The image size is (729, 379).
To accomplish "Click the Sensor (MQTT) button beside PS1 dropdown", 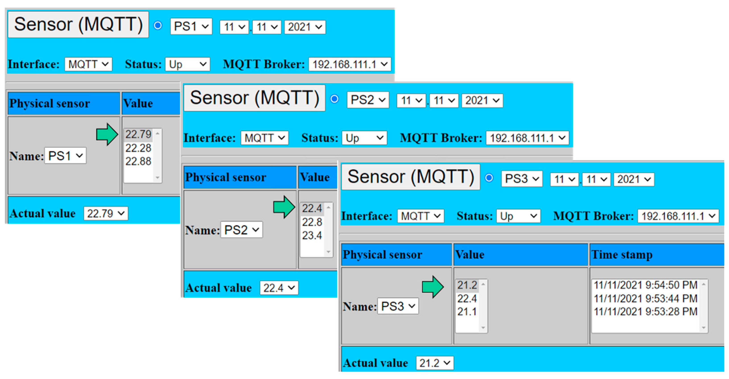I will tap(78, 25).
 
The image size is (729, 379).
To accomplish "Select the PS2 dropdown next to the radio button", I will tap(368, 100).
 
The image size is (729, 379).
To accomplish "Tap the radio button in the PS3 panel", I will tap(489, 178).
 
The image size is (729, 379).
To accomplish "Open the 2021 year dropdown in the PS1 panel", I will tap(305, 27).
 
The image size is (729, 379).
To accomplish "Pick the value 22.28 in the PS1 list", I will tap(138, 148).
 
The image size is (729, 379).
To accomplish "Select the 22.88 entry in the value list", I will tap(138, 161).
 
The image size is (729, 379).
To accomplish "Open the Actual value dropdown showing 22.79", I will tap(105, 214).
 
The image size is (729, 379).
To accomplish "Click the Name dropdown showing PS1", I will tap(65, 156).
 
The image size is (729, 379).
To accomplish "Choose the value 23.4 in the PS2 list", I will tap(312, 235).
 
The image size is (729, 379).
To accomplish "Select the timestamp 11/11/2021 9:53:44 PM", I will tap(645, 298).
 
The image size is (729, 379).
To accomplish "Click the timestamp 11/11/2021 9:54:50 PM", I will tap(645, 285).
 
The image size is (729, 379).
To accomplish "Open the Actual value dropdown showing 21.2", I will tap(435, 363).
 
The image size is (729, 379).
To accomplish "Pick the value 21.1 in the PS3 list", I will tap(467, 312).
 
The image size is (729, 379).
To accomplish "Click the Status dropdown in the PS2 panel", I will tap(364, 138).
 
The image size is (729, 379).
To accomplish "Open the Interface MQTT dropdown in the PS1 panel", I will tap(88, 64).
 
